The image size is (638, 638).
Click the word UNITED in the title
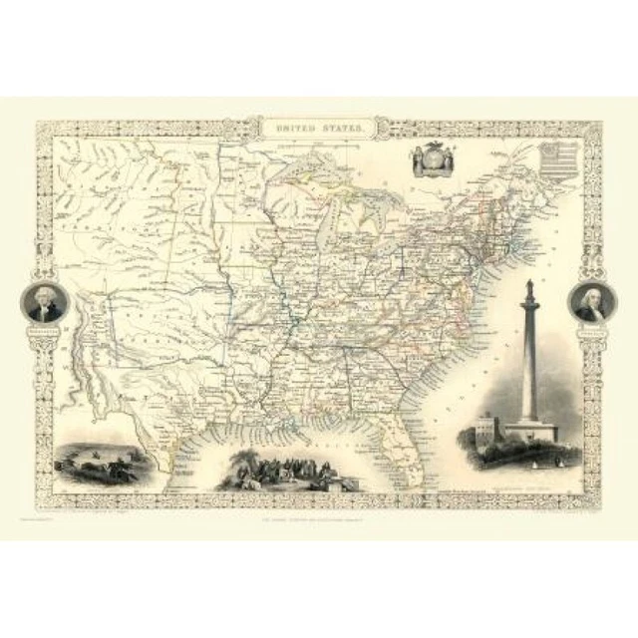[298, 129]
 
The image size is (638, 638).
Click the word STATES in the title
[339, 129]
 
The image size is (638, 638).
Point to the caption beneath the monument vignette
[528, 477]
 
